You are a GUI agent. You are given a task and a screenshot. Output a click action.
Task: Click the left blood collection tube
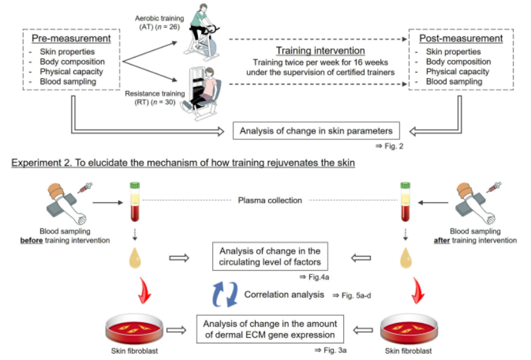[x=135, y=201]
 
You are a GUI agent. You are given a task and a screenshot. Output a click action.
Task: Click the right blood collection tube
[x=406, y=201]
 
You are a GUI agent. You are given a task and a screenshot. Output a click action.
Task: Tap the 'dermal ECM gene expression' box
[x=270, y=327]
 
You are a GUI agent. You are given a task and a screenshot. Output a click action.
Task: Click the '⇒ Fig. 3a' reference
[x=329, y=350]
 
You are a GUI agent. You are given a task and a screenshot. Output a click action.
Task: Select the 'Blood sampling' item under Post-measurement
[x=451, y=82]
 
